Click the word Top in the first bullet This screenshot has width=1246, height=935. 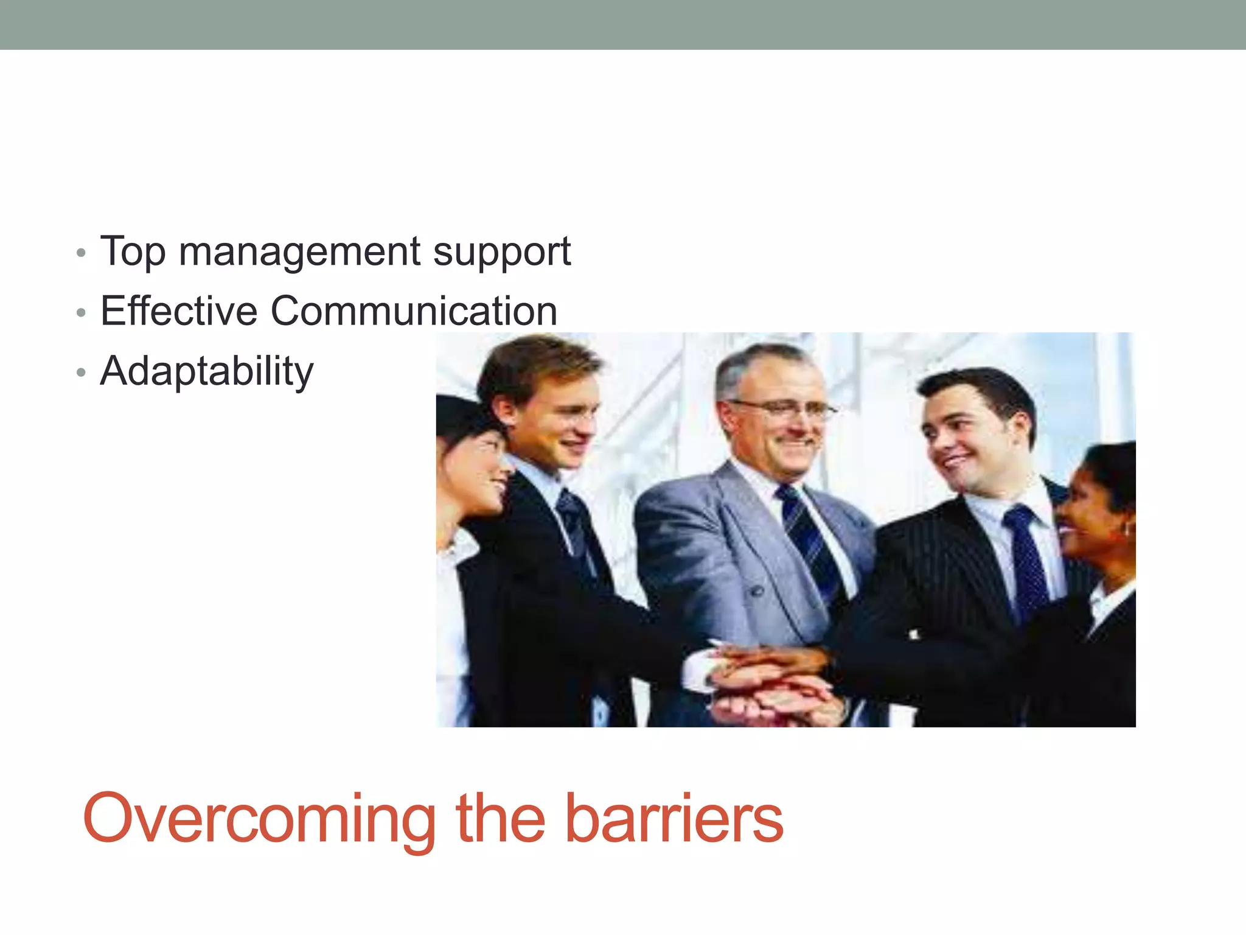point(133,251)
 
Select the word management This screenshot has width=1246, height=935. point(299,251)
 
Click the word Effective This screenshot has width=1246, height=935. point(179,311)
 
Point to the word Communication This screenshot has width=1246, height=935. point(414,311)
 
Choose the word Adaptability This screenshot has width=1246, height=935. point(206,371)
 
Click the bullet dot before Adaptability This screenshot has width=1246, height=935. point(81,373)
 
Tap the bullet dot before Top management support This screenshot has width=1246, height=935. point(81,253)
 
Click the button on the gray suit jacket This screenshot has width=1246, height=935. point(756,590)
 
